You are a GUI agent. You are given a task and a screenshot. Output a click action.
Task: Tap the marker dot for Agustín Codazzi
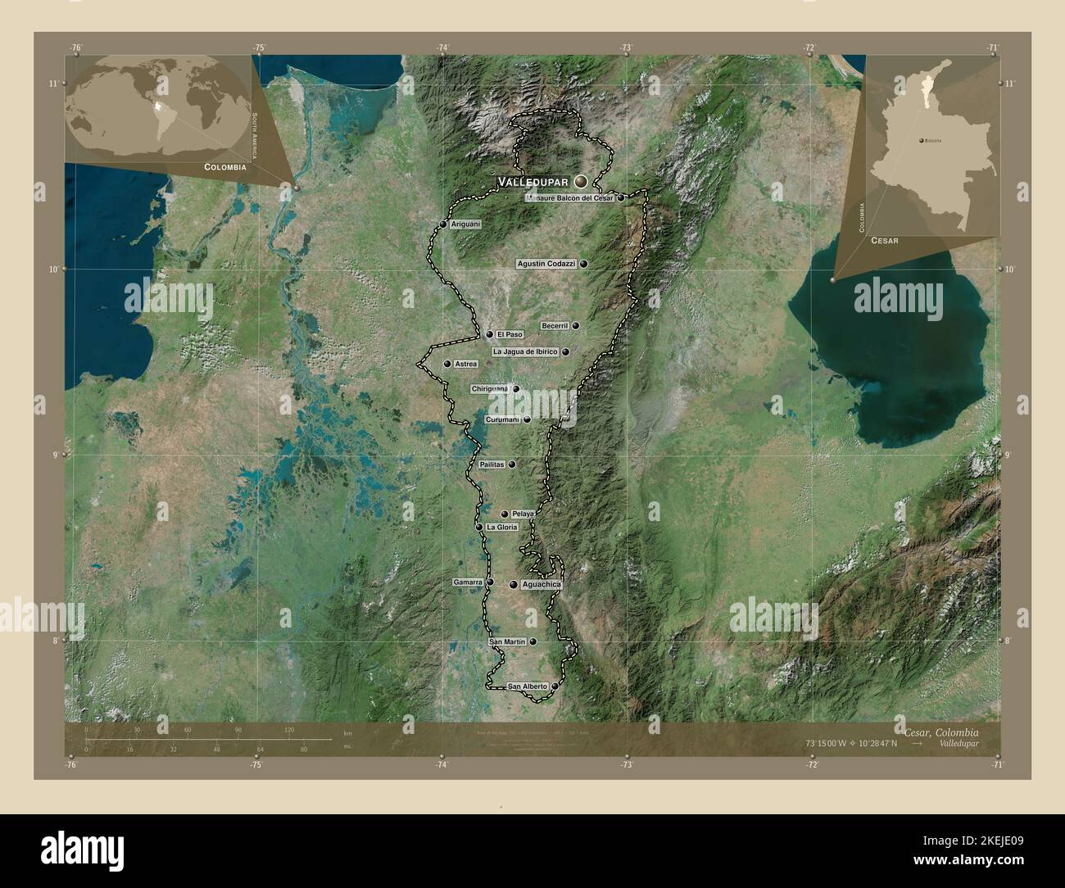[583, 264]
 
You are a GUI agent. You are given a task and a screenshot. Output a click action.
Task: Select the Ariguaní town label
[465, 224]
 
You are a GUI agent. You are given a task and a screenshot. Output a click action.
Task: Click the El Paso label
[509, 334]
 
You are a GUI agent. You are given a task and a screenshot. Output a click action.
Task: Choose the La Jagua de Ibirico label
[525, 351]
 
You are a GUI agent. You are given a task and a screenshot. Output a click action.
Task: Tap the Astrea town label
[465, 364]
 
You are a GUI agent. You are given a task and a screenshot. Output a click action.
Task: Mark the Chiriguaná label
[490, 388]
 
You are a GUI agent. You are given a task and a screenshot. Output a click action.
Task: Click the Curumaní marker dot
[527, 419]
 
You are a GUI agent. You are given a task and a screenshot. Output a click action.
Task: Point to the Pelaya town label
[523, 514]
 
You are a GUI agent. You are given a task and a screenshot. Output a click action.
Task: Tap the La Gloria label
[501, 528]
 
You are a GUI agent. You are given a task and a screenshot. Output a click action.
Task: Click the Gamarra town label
[468, 582]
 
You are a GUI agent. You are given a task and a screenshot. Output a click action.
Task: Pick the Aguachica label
[541, 585]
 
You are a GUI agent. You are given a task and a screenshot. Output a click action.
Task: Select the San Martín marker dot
[533, 642]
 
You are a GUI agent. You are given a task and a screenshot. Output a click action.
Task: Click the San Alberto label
[527, 686]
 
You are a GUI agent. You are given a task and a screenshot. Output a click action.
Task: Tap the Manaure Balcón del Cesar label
[570, 198]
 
